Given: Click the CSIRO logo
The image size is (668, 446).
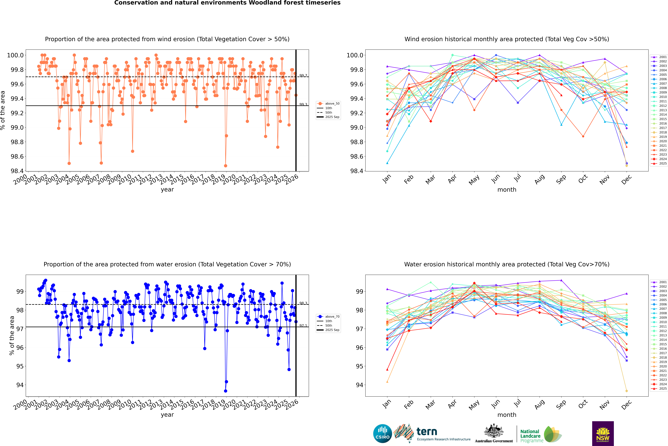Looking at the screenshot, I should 382,434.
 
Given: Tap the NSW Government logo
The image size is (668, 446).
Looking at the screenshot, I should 603,434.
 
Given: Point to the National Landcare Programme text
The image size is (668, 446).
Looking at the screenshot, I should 530,436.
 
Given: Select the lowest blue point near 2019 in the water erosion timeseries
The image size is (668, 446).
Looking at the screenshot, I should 225,391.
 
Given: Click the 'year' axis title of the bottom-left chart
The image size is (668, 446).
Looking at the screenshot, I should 167,415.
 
